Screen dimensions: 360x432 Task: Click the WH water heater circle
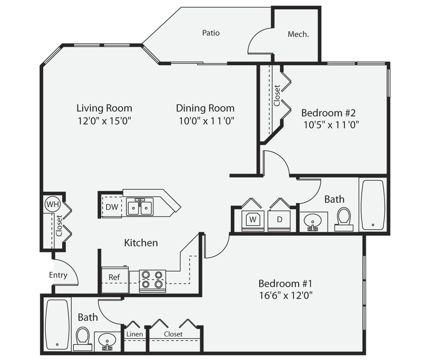[x=52, y=204]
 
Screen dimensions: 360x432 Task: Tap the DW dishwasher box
[x=111, y=207]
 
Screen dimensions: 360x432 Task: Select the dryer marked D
[x=280, y=220]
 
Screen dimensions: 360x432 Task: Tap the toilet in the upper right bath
[x=344, y=218]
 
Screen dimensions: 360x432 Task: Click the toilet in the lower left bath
[x=82, y=337]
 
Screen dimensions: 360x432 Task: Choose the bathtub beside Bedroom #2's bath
[x=373, y=204]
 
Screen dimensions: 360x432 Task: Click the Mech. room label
[x=298, y=35]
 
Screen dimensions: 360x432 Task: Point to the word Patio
[x=211, y=33]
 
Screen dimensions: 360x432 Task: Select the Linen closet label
[x=135, y=334]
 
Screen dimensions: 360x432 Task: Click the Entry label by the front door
[x=58, y=275]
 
